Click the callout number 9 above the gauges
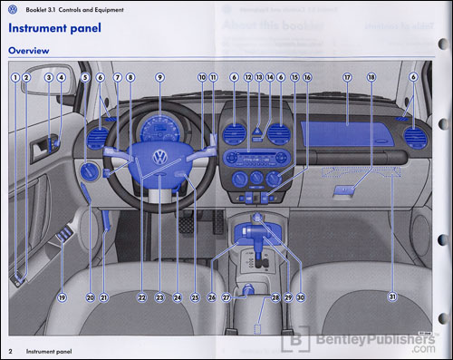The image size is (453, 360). pos(159,79)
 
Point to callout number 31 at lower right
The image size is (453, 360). pos(391,297)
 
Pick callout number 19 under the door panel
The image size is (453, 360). pos(63,297)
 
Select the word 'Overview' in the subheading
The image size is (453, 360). pos(29,51)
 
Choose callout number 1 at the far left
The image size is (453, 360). pos(14,79)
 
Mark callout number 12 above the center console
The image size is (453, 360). pos(247,79)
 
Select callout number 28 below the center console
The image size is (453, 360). pos(275,297)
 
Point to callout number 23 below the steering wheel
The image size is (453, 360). pos(159,297)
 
